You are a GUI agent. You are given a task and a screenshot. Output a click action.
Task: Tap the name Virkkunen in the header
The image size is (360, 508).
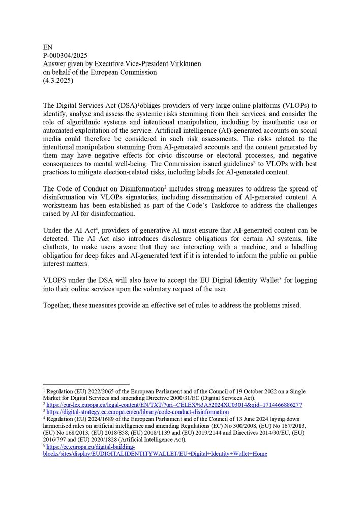182,63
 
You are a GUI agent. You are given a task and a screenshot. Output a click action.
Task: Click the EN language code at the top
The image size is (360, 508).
48,47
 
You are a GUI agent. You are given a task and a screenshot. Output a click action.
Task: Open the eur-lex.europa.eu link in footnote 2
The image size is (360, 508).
174,405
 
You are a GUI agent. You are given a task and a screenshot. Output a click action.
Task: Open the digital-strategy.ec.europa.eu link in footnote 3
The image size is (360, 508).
137,412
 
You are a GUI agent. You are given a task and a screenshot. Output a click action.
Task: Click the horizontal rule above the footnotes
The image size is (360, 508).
86,385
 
